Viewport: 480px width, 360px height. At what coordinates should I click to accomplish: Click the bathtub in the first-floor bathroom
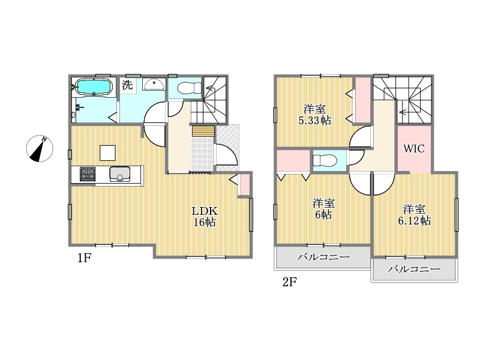pyautogui.click(x=93, y=87)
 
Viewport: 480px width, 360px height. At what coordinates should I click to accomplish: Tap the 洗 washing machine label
pyautogui.click(x=127, y=85)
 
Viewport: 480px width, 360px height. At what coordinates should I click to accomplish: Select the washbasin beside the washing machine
pyautogui.click(x=154, y=84)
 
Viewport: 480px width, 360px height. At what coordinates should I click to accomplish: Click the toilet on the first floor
pyautogui.click(x=189, y=88)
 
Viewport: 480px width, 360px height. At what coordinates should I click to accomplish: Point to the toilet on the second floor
pyautogui.click(x=325, y=160)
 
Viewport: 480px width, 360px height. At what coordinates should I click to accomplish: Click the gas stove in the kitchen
pyautogui.click(x=88, y=174)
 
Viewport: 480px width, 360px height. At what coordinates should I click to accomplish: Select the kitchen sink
pyautogui.click(x=119, y=174)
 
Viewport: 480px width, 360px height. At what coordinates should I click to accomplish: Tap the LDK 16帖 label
pyautogui.click(x=205, y=217)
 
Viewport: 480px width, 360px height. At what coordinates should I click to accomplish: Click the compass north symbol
pyautogui.click(x=40, y=148)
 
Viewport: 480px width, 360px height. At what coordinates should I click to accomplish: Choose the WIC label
pyautogui.click(x=414, y=149)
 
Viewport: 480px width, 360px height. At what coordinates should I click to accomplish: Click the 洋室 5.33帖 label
pyautogui.click(x=314, y=115)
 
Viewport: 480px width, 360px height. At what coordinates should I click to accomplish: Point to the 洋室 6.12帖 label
pyautogui.click(x=415, y=215)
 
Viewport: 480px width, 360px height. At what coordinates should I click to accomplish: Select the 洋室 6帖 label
pyautogui.click(x=323, y=209)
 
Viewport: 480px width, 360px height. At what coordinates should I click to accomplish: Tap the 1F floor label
pyautogui.click(x=84, y=259)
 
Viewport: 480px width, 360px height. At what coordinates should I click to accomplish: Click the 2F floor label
pyautogui.click(x=290, y=282)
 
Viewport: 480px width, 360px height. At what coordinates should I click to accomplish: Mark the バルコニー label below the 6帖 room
pyautogui.click(x=323, y=257)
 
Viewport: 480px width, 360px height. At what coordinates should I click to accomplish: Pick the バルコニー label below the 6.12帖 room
pyautogui.click(x=414, y=269)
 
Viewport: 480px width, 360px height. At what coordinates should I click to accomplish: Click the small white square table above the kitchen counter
pyautogui.click(x=107, y=153)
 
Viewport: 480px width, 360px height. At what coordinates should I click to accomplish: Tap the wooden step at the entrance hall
pyautogui.click(x=203, y=131)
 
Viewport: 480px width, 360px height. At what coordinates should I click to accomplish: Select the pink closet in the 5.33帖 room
pyautogui.click(x=363, y=100)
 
